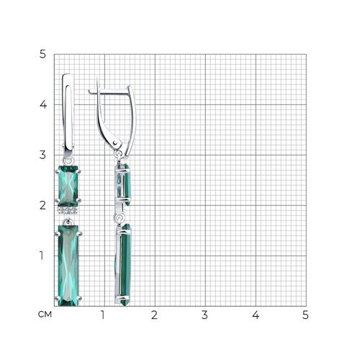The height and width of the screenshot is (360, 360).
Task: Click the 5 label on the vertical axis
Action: tap(42, 55)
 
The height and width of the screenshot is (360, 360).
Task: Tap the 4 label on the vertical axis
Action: tap(43, 104)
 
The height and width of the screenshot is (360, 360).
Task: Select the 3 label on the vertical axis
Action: tap(42, 155)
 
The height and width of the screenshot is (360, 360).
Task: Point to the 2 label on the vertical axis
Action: tap(42, 205)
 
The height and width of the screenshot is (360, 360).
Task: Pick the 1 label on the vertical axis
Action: tap(42, 256)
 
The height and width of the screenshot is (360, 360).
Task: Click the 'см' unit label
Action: tap(45, 315)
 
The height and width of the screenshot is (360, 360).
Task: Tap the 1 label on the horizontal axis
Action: tap(103, 315)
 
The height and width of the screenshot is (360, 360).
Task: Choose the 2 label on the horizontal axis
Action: tap(154, 315)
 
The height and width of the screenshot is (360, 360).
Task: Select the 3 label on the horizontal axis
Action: tap(204, 315)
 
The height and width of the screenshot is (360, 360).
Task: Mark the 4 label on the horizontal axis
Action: tap(256, 315)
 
